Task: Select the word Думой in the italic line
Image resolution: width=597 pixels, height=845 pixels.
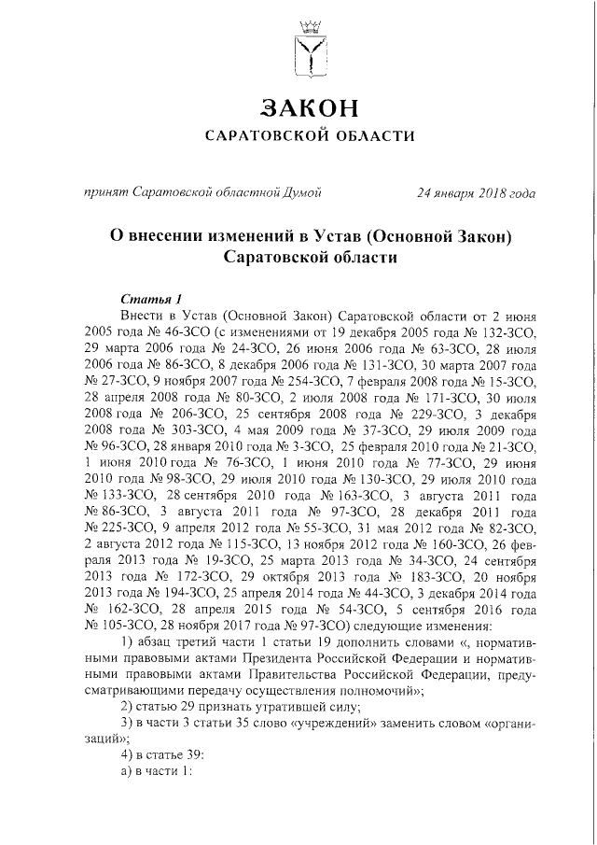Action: click(303, 193)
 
